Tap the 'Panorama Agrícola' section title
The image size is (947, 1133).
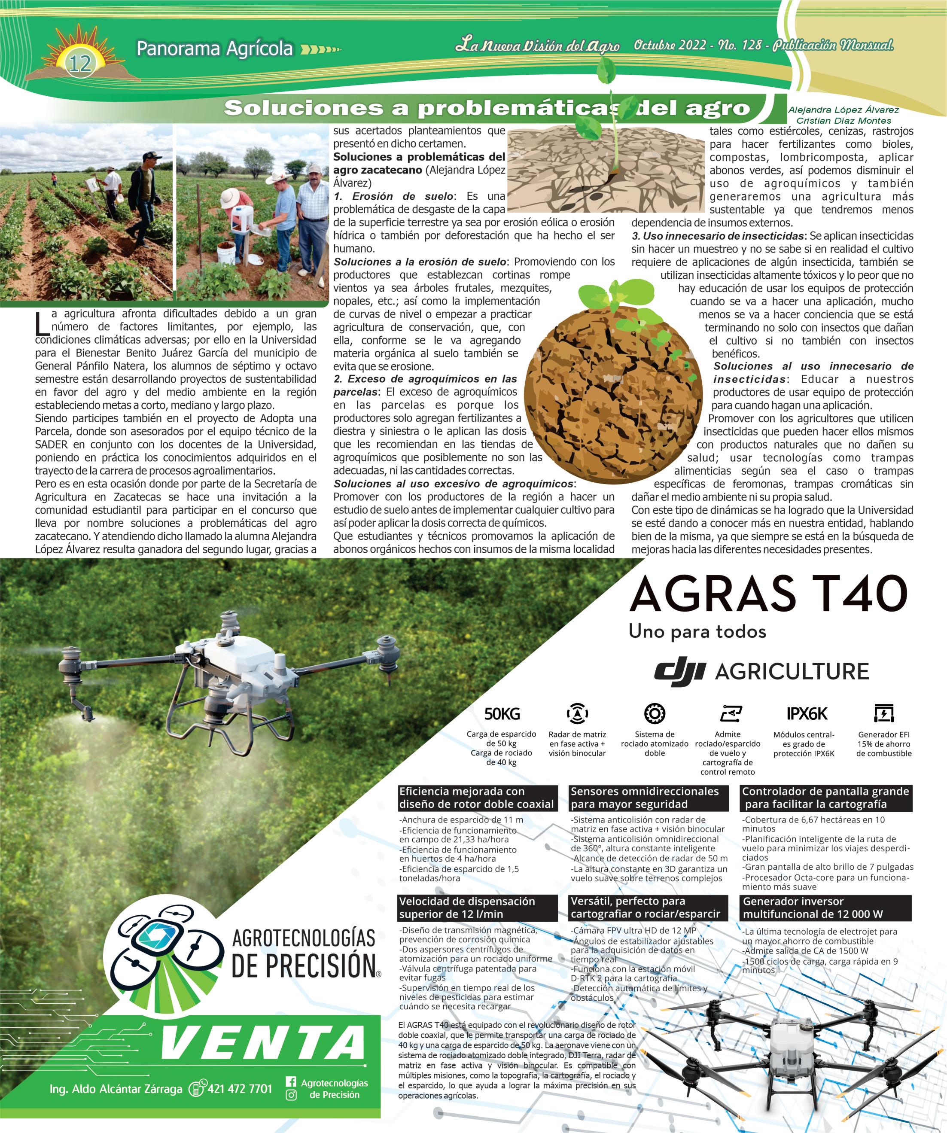(214, 49)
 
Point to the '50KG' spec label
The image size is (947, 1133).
(502, 714)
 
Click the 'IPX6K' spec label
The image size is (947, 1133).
(807, 714)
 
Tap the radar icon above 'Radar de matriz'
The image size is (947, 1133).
(577, 714)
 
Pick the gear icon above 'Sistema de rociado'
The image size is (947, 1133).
(655, 713)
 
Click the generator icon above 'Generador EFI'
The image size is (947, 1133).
(883, 713)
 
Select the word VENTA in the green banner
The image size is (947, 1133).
(263, 1042)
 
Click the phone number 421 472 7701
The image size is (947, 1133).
(240, 1088)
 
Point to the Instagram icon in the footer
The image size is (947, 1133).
(291, 1095)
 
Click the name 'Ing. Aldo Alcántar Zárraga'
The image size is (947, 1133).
(116, 1089)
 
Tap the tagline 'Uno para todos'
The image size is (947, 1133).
(697, 631)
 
